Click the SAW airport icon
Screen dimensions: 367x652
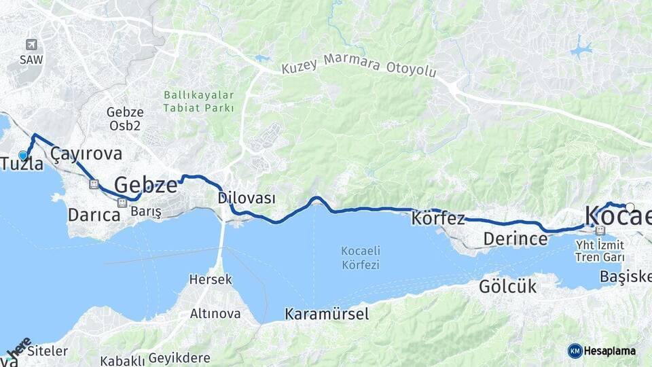31,45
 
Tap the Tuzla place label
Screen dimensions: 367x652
22,164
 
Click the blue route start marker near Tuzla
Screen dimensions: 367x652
23,155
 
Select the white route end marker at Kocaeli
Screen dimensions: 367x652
630,207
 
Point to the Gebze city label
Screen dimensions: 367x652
145,184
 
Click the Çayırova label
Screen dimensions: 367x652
86,154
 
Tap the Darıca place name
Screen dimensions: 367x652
94,215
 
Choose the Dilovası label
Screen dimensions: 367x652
247,198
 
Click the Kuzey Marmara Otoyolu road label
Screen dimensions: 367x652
359,65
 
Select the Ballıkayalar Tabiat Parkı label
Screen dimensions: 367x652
198,101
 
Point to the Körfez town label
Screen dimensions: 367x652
438,219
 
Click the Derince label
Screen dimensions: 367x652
515,239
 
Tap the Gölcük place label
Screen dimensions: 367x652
507,286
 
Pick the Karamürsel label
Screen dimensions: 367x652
327,314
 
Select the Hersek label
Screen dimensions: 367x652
211,279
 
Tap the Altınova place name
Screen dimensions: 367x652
215,313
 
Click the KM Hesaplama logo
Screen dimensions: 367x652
602,351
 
